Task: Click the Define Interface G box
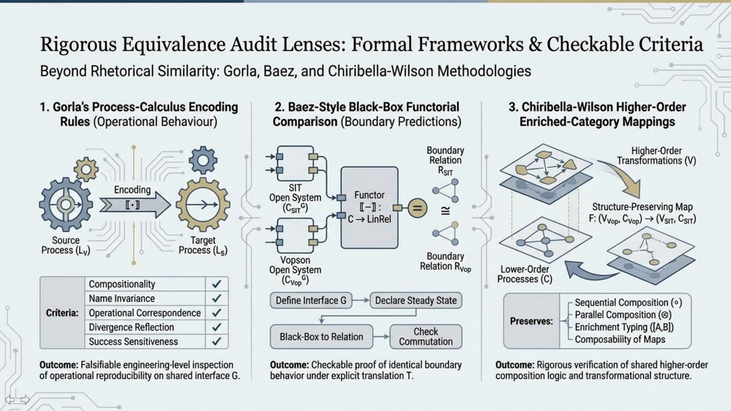[x=311, y=300]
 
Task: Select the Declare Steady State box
[x=416, y=300]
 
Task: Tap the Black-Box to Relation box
[x=321, y=337]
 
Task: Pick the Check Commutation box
[x=426, y=337]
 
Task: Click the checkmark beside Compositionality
[x=217, y=284]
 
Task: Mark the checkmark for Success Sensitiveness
[x=217, y=341]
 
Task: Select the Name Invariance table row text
[x=122, y=299]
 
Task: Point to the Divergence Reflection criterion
[x=131, y=327]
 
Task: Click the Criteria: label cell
[x=62, y=313]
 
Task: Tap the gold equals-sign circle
[x=417, y=208]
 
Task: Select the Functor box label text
[x=369, y=207]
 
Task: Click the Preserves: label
[x=531, y=321]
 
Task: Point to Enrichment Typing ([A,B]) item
[x=624, y=327]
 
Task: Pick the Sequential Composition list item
[x=628, y=303]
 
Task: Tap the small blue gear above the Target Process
[x=203, y=160]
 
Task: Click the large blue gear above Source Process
[x=66, y=204]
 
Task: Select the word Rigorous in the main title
[x=79, y=45]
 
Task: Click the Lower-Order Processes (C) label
[x=525, y=274]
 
